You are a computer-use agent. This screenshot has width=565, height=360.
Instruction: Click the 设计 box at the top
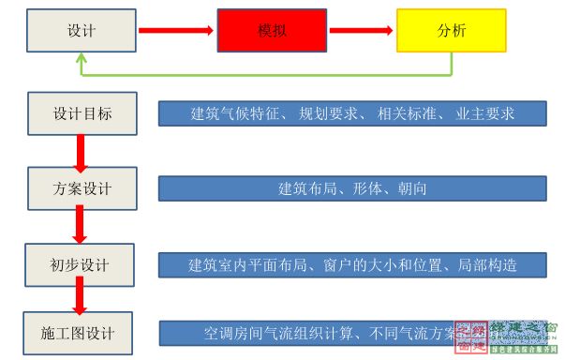click(x=82, y=30)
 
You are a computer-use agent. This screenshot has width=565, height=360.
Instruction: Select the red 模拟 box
click(x=272, y=30)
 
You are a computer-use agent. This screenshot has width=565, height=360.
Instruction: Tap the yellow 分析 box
click(x=451, y=30)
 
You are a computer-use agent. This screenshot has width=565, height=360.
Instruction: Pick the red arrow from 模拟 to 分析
click(x=361, y=30)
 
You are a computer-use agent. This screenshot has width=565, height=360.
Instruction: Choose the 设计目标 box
click(x=82, y=113)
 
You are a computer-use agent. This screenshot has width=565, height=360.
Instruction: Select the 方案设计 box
click(x=82, y=188)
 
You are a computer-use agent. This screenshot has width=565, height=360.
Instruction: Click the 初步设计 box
click(x=82, y=263)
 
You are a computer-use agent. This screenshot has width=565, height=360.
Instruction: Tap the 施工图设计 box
click(x=82, y=333)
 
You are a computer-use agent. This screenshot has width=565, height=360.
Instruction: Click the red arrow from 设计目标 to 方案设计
click(x=82, y=151)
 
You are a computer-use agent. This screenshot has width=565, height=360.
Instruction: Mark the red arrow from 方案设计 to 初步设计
click(x=82, y=226)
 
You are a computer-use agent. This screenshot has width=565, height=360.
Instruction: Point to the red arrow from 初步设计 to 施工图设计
click(x=82, y=299)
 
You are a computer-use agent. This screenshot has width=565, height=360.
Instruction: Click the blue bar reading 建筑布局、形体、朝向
click(x=351, y=188)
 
